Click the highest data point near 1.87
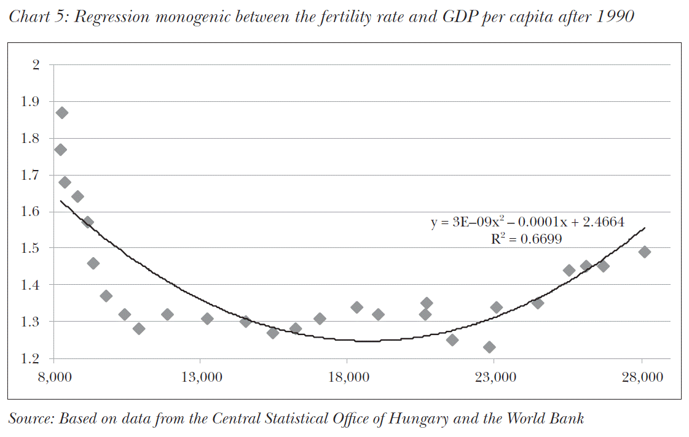pos(61,113)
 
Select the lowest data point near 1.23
pos(489,347)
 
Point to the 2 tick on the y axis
pos(35,65)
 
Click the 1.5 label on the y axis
pos(31,249)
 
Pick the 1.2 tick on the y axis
pos(31,358)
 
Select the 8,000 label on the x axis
pos(54,377)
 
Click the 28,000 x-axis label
pos(642,377)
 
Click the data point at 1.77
pos(60,150)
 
